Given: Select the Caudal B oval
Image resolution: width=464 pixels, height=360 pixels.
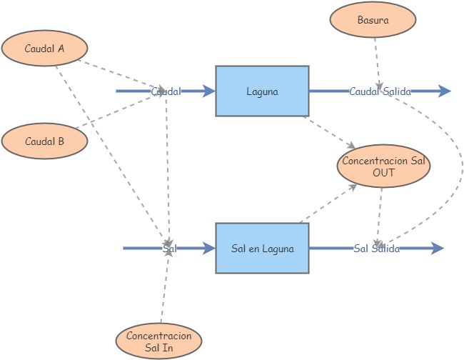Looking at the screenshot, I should (44, 141).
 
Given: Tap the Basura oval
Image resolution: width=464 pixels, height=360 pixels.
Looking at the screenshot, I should (373, 20).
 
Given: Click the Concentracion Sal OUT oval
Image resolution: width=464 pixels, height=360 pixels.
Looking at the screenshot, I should (383, 166).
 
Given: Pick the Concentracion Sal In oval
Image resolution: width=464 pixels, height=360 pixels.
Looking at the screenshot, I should (158, 341).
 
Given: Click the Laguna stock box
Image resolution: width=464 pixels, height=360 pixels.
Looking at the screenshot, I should (262, 91).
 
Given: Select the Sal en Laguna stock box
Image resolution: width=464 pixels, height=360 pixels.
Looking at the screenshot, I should (262, 249).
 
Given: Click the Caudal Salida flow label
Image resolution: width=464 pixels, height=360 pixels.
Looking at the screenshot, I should (380, 91).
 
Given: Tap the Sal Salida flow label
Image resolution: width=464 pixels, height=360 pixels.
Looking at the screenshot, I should (376, 249).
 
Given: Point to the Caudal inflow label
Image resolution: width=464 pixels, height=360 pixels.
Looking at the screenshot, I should (166, 91).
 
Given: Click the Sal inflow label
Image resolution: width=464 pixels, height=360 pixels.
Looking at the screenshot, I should (169, 249).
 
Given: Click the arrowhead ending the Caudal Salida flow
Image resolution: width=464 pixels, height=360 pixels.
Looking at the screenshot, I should (445, 91).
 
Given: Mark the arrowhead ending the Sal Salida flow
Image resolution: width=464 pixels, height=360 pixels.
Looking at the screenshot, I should (438, 249).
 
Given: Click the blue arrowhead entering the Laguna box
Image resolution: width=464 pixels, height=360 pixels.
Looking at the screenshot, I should (209, 91).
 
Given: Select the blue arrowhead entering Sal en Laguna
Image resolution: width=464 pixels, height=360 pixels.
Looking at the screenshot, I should (209, 249).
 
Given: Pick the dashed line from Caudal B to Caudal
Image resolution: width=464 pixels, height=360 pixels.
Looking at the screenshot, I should (118, 112).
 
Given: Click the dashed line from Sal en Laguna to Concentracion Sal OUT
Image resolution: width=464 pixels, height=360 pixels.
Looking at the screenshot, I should (328, 204).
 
